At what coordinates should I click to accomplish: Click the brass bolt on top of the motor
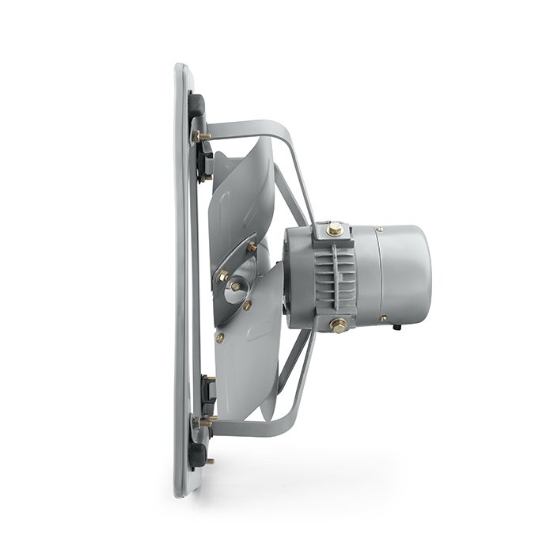tap(336, 230)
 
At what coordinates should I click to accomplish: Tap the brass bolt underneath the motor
tap(338, 324)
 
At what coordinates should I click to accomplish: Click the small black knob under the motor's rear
tap(395, 326)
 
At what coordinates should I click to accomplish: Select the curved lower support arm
tap(261, 427)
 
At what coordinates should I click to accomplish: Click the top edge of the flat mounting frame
tap(181, 68)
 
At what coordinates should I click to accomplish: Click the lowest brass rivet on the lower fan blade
tap(220, 337)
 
